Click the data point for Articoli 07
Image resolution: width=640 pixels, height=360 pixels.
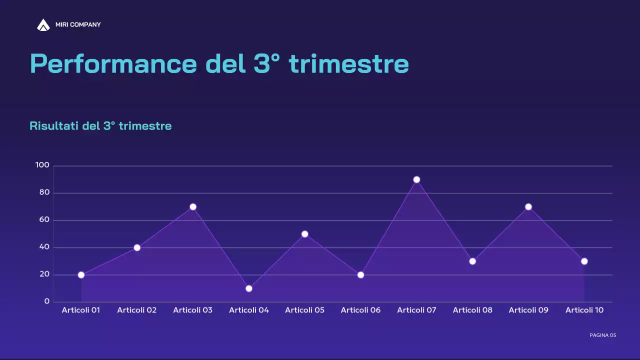pos(416,179)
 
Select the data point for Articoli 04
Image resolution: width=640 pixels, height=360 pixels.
pos(249,288)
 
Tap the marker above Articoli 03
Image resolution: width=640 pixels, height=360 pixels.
pos(193,206)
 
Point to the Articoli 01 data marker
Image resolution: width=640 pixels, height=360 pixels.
pos(81,275)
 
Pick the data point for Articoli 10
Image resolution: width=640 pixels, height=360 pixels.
pos(584,261)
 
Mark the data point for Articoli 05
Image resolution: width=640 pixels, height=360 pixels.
pos(305,234)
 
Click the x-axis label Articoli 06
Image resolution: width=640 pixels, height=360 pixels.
pos(360,310)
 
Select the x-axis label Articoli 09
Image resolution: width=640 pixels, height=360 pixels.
pos(528,310)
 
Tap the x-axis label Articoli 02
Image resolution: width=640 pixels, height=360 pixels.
pos(137,310)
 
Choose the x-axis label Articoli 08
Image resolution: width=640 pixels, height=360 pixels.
pos(472,310)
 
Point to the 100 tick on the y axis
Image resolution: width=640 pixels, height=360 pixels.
pos(42,165)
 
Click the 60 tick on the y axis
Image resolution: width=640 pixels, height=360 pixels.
pos(44,220)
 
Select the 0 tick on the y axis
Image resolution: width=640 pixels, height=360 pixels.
pos(47,301)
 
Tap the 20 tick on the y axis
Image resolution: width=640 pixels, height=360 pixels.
pos(44,274)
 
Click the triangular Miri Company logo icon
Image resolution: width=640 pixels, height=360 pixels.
pos(43,24)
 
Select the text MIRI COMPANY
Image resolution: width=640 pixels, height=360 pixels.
pos(78,24)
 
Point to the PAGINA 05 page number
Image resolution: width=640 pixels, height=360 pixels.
pos(602,335)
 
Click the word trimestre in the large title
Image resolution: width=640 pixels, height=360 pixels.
pos(349,64)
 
